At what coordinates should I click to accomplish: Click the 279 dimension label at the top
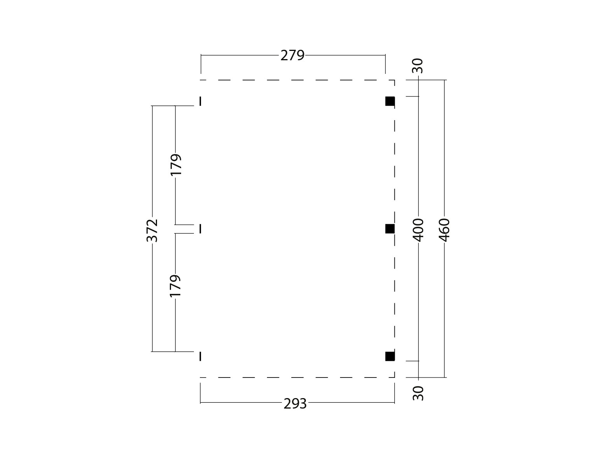(x=292, y=56)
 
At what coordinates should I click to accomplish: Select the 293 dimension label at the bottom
(x=295, y=404)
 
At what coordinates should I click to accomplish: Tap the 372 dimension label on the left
(x=153, y=230)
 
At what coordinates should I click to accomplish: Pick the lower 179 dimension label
(x=176, y=286)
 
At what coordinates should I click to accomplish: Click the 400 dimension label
(x=419, y=230)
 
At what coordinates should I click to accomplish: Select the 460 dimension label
(x=445, y=230)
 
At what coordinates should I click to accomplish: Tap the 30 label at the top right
(x=418, y=66)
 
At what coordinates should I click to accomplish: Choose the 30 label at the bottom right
(x=418, y=393)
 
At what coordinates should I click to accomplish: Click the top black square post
(x=390, y=101)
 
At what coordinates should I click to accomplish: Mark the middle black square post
(x=390, y=229)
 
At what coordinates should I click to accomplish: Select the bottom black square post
(x=390, y=356)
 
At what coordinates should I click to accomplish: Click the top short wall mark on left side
(x=200, y=101)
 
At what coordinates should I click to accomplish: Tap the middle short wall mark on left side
(x=200, y=229)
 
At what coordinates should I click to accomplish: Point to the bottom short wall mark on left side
(x=200, y=356)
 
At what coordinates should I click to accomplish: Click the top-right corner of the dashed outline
(x=394, y=80)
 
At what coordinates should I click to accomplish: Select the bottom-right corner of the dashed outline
(x=394, y=377)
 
